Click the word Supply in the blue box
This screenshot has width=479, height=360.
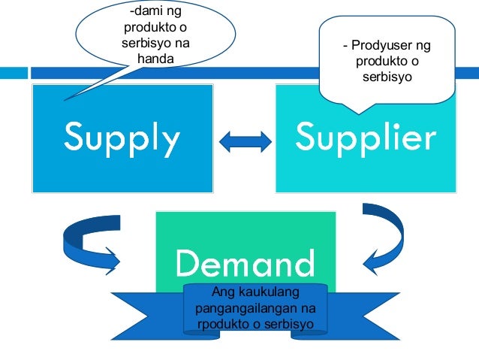coord(122,138)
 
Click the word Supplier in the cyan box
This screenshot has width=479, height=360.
coord(366,138)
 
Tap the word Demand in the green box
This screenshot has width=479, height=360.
coord(245,263)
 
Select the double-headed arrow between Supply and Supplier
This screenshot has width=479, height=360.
coord(245,139)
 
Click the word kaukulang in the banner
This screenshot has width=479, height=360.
coord(264,292)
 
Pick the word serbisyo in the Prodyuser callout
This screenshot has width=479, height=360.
coord(387,77)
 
